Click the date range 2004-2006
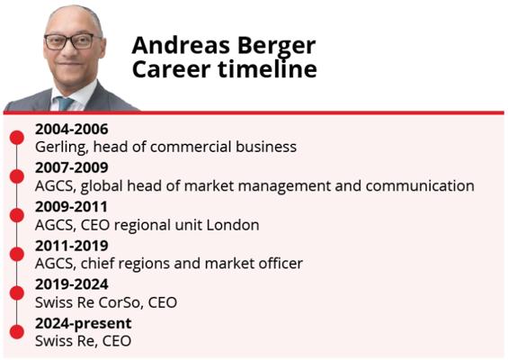(72, 129)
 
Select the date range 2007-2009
(72, 167)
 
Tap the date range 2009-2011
(71, 206)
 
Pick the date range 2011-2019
(71, 245)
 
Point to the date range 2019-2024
(71, 283)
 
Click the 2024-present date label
(83, 322)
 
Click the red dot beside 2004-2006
(16, 137)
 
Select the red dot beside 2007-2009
(16, 175)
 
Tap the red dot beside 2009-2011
(16, 214)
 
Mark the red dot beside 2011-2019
(16, 253)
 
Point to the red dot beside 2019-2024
(16, 292)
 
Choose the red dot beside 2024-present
(16, 331)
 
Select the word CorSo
(135, 302)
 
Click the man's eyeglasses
(68, 40)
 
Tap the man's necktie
(66, 102)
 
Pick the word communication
(416, 186)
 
